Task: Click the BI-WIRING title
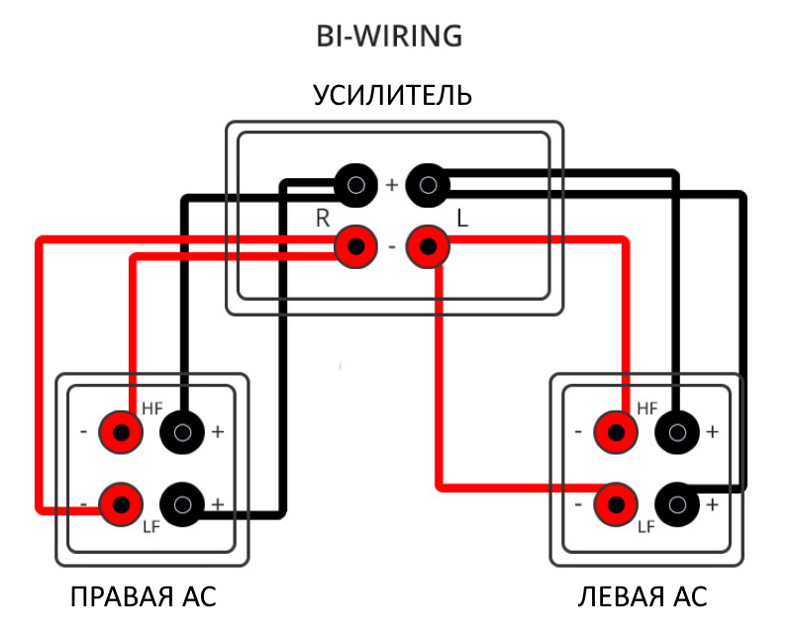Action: click(x=389, y=37)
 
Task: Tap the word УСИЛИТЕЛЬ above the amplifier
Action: click(x=393, y=96)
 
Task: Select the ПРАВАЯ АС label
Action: click(x=144, y=597)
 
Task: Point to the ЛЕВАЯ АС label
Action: click(x=643, y=597)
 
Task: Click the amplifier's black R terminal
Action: click(x=354, y=184)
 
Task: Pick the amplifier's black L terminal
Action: click(x=428, y=184)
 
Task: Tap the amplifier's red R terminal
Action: click(x=354, y=246)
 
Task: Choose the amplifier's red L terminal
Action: click(x=428, y=246)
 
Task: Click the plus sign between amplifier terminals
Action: click(x=391, y=185)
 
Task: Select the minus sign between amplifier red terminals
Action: click(x=391, y=247)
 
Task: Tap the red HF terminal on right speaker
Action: click(x=121, y=431)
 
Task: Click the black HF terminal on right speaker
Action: click(x=182, y=431)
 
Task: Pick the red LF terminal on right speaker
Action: click(x=121, y=504)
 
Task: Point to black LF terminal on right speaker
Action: click(x=182, y=504)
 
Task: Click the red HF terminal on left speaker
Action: click(x=616, y=431)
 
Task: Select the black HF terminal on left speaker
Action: click(x=677, y=431)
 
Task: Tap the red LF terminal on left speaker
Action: click(x=616, y=504)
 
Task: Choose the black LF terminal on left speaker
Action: click(x=677, y=504)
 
